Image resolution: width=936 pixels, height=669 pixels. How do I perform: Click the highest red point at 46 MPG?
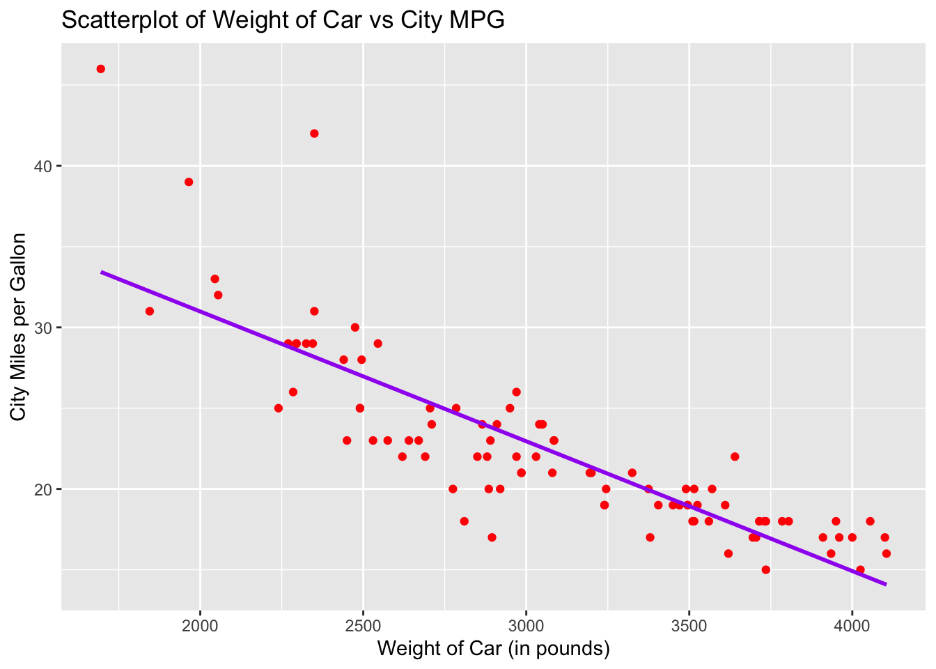pos(101,69)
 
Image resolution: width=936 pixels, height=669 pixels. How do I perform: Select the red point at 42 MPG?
pos(314,134)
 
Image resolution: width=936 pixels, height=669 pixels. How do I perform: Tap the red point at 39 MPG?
pos(189,182)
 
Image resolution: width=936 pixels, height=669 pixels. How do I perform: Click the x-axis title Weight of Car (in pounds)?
pos(494,649)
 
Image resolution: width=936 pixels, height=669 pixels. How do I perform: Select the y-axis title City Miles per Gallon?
pos(19,327)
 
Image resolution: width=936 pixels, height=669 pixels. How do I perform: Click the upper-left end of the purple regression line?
pos(102,272)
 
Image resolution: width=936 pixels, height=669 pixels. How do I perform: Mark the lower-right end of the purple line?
pos(885,584)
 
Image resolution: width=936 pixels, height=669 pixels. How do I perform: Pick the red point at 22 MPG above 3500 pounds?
pos(735,457)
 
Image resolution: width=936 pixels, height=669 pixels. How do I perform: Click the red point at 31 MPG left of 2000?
pos(150,312)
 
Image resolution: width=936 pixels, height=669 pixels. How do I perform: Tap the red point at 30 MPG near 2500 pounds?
pos(355,328)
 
